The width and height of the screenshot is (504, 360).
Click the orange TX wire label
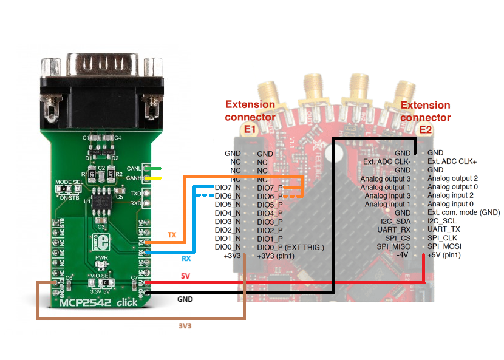click(x=172, y=234)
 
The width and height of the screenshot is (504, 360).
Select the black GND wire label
click(x=186, y=299)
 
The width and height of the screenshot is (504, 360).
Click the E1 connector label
click(x=250, y=129)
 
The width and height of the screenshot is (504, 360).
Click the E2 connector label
click(x=425, y=129)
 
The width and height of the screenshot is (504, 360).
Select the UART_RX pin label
click(x=394, y=229)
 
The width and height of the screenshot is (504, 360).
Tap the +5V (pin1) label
click(x=444, y=256)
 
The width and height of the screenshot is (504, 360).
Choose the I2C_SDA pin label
click(x=394, y=221)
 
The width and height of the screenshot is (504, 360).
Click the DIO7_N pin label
click(x=228, y=188)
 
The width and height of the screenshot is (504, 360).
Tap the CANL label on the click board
click(x=134, y=168)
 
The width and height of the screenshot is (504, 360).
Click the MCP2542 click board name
click(x=97, y=302)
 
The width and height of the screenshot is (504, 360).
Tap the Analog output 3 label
click(x=386, y=178)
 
